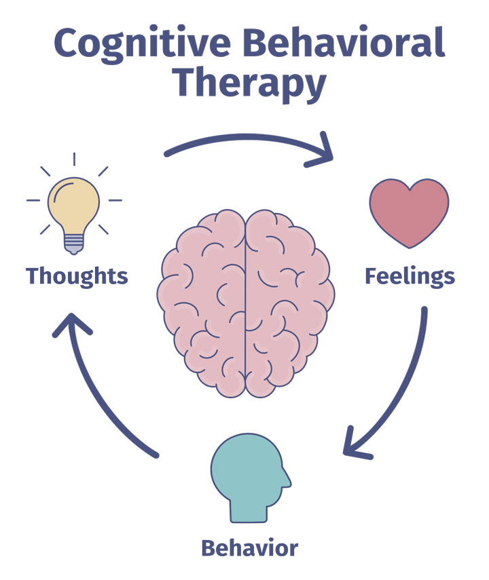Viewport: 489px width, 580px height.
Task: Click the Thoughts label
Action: tap(77, 276)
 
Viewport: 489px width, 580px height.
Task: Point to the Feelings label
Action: tap(410, 276)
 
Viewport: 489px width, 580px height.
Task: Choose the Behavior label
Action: tap(249, 547)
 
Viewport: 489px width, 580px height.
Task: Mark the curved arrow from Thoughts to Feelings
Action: tap(244, 140)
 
